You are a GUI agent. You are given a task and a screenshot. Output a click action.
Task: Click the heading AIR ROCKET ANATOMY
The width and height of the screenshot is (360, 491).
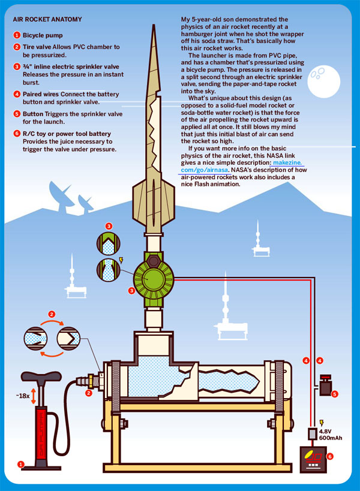coord(47,19)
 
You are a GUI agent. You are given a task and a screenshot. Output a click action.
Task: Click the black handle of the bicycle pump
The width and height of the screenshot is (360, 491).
coord(40,376)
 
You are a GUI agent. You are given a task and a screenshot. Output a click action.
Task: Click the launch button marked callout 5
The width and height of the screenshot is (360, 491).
coord(327,384)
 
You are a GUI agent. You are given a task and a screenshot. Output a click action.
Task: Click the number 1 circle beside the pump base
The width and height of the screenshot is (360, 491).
coord(20,463)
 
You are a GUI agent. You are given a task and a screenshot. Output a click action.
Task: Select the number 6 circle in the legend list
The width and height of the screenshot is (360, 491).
coord(17,133)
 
